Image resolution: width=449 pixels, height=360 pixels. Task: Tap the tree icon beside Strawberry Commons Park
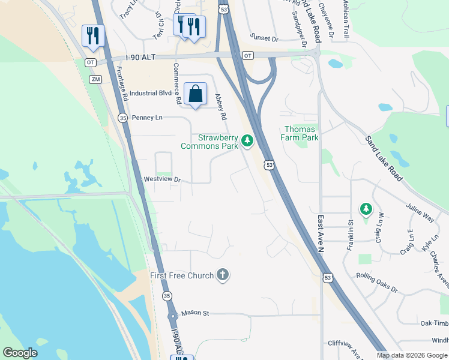pos(247,141)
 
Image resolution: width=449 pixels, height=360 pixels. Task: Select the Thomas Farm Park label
pos(301,133)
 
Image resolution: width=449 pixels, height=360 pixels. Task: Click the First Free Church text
pos(182,275)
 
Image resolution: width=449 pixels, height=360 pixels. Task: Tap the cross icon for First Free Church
pos(223,275)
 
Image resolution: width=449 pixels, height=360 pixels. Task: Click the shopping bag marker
pos(195,94)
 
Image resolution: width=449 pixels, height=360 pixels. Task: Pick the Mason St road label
pos(196,313)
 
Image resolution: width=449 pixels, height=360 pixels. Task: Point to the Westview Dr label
pos(162,179)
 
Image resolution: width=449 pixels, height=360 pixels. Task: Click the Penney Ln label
pos(147,118)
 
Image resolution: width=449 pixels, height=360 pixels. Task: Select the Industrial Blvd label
pos(151,93)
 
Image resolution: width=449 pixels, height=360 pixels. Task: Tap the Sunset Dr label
pos(265,38)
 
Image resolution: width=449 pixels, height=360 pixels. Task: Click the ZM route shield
pos(95,79)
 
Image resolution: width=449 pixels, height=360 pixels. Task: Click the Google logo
pos(20,353)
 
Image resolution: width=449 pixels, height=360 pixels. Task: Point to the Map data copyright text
pos(412,355)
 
